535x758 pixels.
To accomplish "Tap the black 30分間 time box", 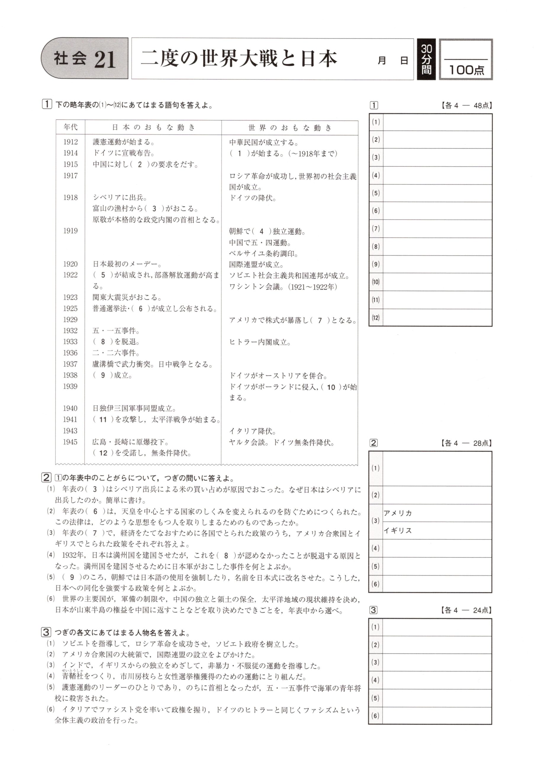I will pyautogui.click(x=426, y=60).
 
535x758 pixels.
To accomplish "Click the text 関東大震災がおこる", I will pyautogui.click(x=127, y=298).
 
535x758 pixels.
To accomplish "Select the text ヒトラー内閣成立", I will pyautogui.click(x=260, y=342).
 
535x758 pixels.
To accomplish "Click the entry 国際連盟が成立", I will pyautogui.click(x=256, y=264).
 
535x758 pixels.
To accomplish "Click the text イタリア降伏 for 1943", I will pyautogui.click(x=253, y=431).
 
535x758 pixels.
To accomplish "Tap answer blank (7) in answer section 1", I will pyautogui.click(x=437, y=229).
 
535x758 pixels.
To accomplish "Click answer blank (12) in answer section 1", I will pyautogui.click(x=437, y=318).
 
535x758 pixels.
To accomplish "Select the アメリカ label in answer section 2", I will pyautogui.click(x=398, y=513).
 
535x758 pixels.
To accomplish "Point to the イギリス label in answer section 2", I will pyautogui.click(x=398, y=531).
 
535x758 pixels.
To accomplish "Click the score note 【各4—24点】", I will pyautogui.click(x=466, y=610).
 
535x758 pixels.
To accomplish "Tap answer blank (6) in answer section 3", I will pyautogui.click(x=437, y=716).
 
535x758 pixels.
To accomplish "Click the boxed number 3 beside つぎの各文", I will pyautogui.click(x=46, y=632).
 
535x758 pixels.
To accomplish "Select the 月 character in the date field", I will pyautogui.click(x=382, y=61).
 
